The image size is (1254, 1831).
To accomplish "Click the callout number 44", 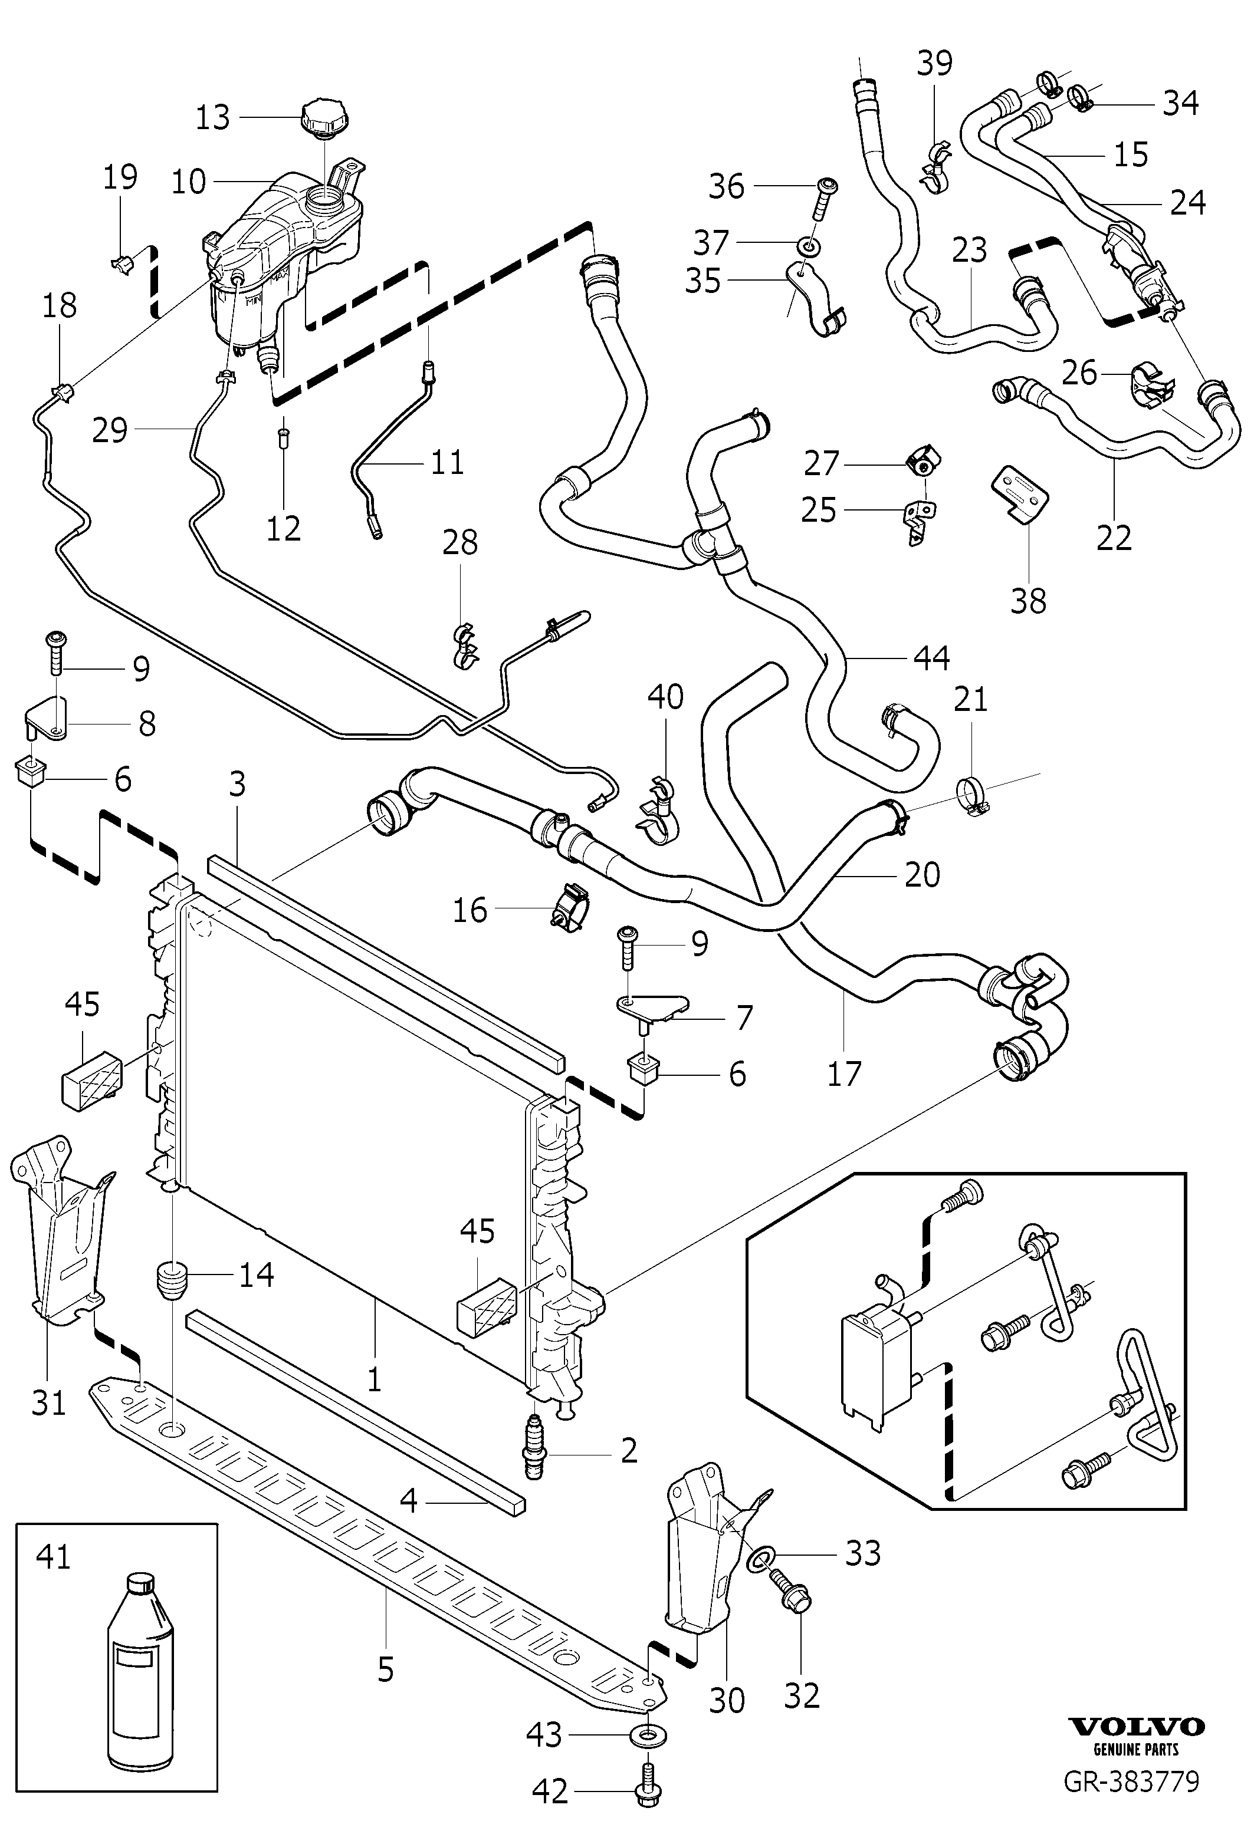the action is [931, 658].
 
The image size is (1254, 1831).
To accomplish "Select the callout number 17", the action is [844, 1074].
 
